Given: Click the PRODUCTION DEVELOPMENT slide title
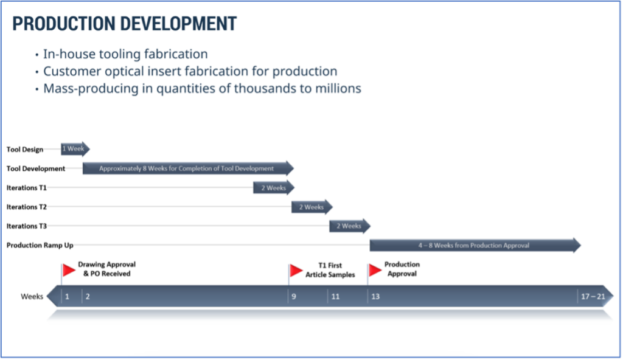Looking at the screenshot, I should pyautogui.click(x=124, y=23).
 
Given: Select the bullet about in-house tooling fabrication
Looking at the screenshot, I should pyautogui.click(x=125, y=54).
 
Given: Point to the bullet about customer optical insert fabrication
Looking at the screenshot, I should pyautogui.click(x=190, y=71).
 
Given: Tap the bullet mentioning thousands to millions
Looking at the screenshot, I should pyautogui.click(x=201, y=88).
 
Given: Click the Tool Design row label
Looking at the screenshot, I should pyautogui.click(x=25, y=150).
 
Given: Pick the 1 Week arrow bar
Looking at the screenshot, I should pyautogui.click(x=74, y=149).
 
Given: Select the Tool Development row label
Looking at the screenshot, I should pyautogui.click(x=36, y=168).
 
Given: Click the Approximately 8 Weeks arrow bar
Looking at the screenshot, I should pyautogui.click(x=187, y=168).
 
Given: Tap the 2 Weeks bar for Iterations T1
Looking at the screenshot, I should pyautogui.click(x=273, y=188).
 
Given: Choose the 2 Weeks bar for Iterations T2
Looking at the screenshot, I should pyautogui.click(x=311, y=207).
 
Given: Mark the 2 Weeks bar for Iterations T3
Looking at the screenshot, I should pyautogui.click(x=349, y=226).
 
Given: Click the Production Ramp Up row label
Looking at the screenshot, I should pyautogui.click(x=40, y=245).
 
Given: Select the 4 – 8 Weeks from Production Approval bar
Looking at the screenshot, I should pyautogui.click(x=474, y=245).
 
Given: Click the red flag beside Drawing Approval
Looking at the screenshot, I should pyautogui.click(x=69, y=269).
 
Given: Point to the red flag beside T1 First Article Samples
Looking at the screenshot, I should pyautogui.click(x=296, y=270).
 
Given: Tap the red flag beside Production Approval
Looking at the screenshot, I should pyautogui.click(x=375, y=269).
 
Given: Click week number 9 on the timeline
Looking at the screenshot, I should pyautogui.click(x=293, y=297).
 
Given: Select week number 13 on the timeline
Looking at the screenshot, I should pyautogui.click(x=375, y=297).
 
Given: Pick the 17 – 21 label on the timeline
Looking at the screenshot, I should pyautogui.click(x=593, y=297).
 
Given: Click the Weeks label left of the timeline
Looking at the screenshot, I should pyautogui.click(x=32, y=297).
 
